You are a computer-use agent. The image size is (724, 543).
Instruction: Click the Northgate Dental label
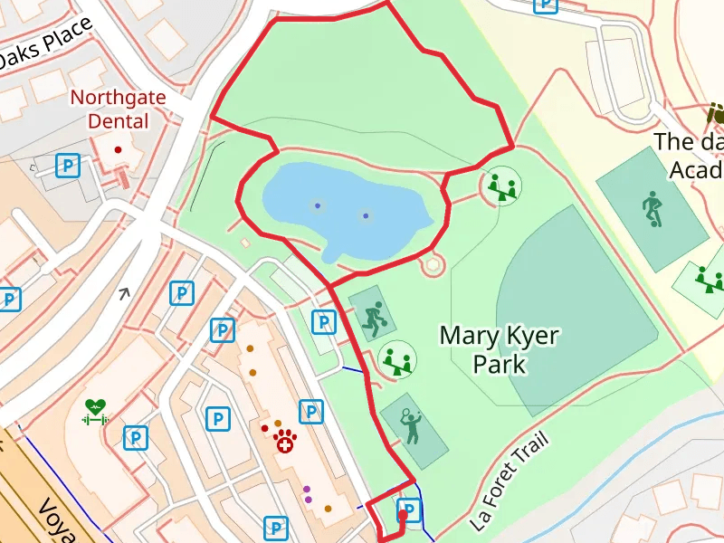click(110, 109)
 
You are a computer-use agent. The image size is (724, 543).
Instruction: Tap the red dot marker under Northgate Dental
click(118, 149)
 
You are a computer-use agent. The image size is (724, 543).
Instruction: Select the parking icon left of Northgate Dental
click(68, 165)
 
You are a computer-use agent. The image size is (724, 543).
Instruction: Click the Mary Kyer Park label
click(499, 349)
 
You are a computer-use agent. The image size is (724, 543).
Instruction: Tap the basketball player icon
click(373, 319)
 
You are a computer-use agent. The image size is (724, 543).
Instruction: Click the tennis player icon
click(412, 425)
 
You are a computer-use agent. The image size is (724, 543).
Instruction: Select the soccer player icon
click(652, 209)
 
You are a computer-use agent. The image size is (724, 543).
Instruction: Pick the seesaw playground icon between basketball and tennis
click(397, 359)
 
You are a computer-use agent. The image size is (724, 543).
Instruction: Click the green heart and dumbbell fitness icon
click(96, 413)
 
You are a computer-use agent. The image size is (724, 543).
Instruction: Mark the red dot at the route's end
click(403, 516)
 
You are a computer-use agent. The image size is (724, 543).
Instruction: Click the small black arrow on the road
click(124, 292)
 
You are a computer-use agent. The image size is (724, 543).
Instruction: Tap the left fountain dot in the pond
click(317, 205)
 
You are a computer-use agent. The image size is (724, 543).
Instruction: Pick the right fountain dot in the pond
click(366, 215)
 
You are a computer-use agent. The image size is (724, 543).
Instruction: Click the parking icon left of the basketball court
click(323, 320)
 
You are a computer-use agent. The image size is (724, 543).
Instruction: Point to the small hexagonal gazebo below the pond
click(433, 264)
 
